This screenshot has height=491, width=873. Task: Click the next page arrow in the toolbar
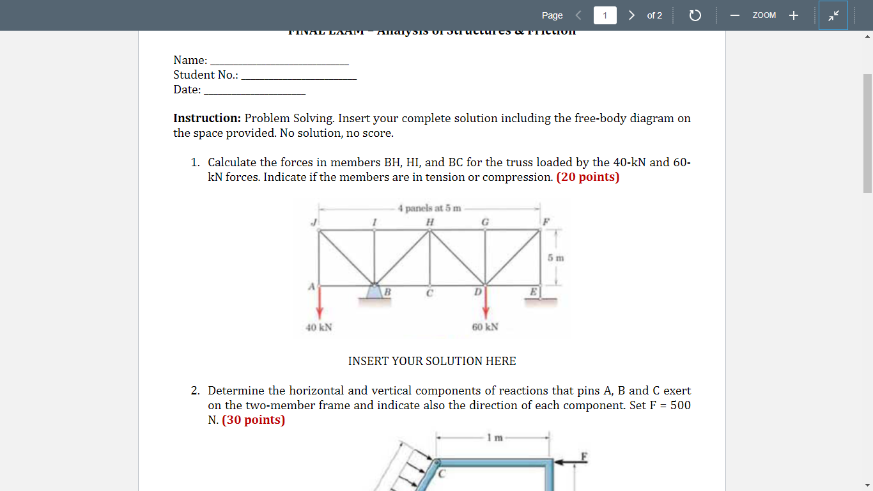(x=631, y=15)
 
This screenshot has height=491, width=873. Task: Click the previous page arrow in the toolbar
(x=578, y=15)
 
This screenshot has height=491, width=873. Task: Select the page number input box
(x=605, y=15)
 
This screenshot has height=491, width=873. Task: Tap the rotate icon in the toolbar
(x=695, y=15)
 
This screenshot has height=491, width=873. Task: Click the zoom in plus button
(x=793, y=15)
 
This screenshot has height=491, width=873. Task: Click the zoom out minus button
(x=735, y=15)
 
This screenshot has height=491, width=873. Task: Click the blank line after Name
(x=279, y=61)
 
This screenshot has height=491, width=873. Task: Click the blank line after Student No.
(x=298, y=75)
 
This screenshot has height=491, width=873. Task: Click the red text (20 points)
(x=588, y=177)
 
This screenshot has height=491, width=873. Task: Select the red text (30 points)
(x=254, y=420)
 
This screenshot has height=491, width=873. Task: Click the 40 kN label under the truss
(x=318, y=327)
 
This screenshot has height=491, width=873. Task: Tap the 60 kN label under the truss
(x=485, y=327)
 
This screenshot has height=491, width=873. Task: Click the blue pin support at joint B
(x=375, y=292)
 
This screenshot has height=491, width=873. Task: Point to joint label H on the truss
(x=430, y=221)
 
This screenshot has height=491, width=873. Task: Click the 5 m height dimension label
(x=555, y=258)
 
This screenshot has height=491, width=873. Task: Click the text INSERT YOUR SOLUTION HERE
(x=432, y=361)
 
